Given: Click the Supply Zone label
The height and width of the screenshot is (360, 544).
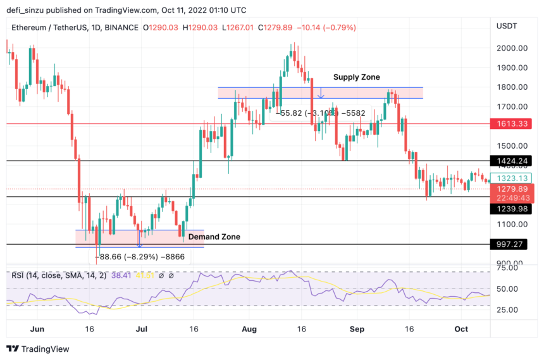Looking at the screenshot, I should tap(357, 77).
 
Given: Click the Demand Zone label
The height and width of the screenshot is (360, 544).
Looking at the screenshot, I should tap(214, 237).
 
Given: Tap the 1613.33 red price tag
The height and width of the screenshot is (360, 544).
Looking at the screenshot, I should tap(513, 124).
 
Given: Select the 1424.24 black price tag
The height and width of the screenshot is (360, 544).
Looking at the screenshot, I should tap(513, 161).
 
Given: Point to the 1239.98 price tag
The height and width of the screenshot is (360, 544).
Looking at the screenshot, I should tap(513, 209).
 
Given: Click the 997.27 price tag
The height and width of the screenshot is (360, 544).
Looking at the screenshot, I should tap(513, 244).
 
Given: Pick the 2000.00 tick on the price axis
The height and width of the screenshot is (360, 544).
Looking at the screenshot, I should tap(512, 48).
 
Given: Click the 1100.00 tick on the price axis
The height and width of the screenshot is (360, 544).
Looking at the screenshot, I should tap(512, 225).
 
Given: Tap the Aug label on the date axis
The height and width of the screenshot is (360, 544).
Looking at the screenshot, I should tap(249, 329).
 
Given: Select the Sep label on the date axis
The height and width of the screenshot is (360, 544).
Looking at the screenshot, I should tap(357, 329).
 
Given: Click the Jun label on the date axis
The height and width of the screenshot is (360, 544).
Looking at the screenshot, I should tap(37, 329).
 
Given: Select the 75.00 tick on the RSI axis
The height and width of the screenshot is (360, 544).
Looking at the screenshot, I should tap(509, 268).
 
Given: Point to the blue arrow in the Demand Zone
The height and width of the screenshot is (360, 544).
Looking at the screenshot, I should tap(140, 239).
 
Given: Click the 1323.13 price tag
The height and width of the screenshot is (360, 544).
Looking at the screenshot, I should tap(513, 178).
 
